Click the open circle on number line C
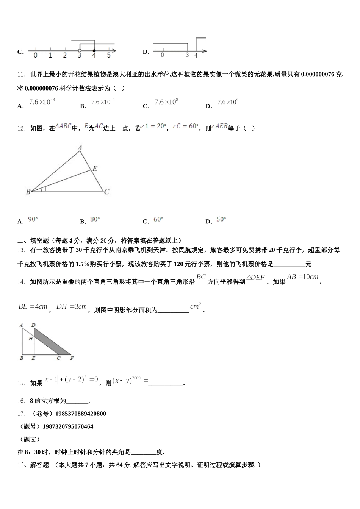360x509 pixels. tap(80, 50)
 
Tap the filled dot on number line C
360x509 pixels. tap(94, 50)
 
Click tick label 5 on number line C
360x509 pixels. tap(109, 56)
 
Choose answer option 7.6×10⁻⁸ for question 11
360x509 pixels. tap(42, 102)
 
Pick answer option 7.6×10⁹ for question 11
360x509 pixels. tap(228, 102)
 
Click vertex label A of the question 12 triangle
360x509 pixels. tap(80, 148)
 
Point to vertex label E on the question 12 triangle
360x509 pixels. tap(95, 169)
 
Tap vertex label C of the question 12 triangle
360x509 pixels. tap(106, 192)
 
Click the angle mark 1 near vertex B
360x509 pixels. tap(45, 189)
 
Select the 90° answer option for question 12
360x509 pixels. tap(33, 219)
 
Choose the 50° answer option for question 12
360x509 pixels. tap(221, 219)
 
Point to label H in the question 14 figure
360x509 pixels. tap(30, 339)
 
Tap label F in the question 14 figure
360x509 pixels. tap(72, 358)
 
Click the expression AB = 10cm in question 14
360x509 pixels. tap(302, 277)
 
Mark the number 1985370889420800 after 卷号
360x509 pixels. tap(81, 414)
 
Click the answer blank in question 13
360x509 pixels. tap(289, 264)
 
